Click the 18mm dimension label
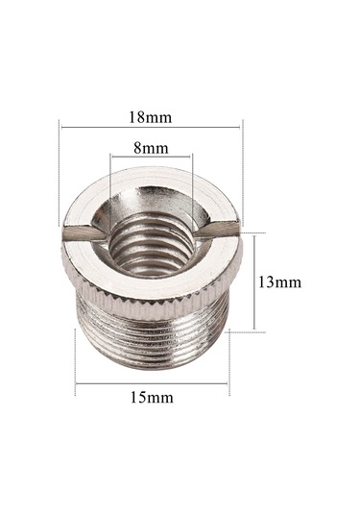(x=152, y=117)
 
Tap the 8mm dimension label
(x=151, y=148)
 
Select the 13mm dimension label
(x=280, y=282)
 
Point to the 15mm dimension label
(x=152, y=398)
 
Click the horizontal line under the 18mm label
(x=152, y=126)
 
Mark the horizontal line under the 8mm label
(x=151, y=157)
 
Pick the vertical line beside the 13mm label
(x=254, y=281)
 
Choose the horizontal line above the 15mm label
(x=152, y=384)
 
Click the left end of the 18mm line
(x=60, y=126)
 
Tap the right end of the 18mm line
(x=242, y=126)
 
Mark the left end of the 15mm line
(x=76, y=384)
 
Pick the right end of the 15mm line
(x=228, y=384)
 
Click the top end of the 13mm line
(x=254, y=232)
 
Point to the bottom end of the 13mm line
(x=254, y=332)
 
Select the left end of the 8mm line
(x=110, y=157)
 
